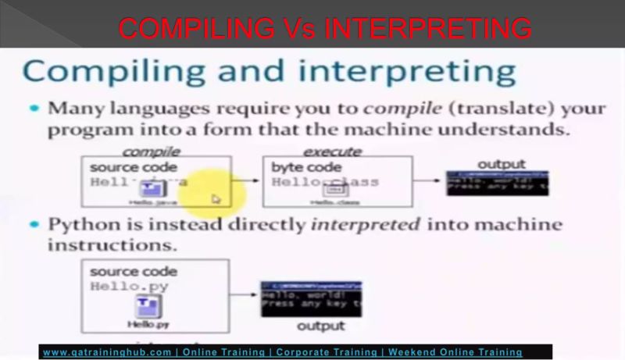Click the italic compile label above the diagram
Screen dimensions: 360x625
click(151, 151)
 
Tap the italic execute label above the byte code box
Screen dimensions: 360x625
click(332, 151)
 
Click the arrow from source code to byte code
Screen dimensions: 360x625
click(247, 182)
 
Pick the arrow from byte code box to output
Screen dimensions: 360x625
click(428, 181)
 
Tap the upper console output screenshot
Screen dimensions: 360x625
click(497, 182)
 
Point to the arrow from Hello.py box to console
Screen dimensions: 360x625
click(245, 294)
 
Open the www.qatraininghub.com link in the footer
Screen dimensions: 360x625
click(106, 352)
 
